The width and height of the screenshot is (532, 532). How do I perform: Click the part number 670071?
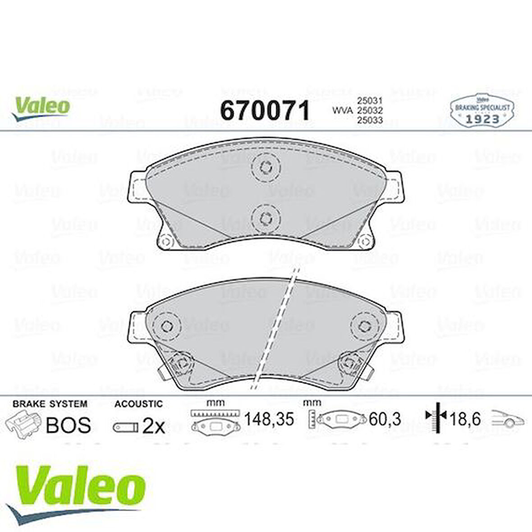click(x=265, y=110)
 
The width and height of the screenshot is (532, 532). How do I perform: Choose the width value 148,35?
click(x=269, y=419)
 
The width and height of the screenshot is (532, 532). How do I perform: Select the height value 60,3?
click(x=385, y=419)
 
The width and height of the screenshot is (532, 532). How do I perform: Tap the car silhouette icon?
click(x=508, y=419)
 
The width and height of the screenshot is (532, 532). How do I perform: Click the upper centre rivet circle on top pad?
click(x=265, y=167)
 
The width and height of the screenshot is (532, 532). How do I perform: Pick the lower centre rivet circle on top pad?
click(x=265, y=218)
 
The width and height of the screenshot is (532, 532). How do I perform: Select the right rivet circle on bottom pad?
click(x=366, y=326)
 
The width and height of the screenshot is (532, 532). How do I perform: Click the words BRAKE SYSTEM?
click(x=50, y=404)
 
